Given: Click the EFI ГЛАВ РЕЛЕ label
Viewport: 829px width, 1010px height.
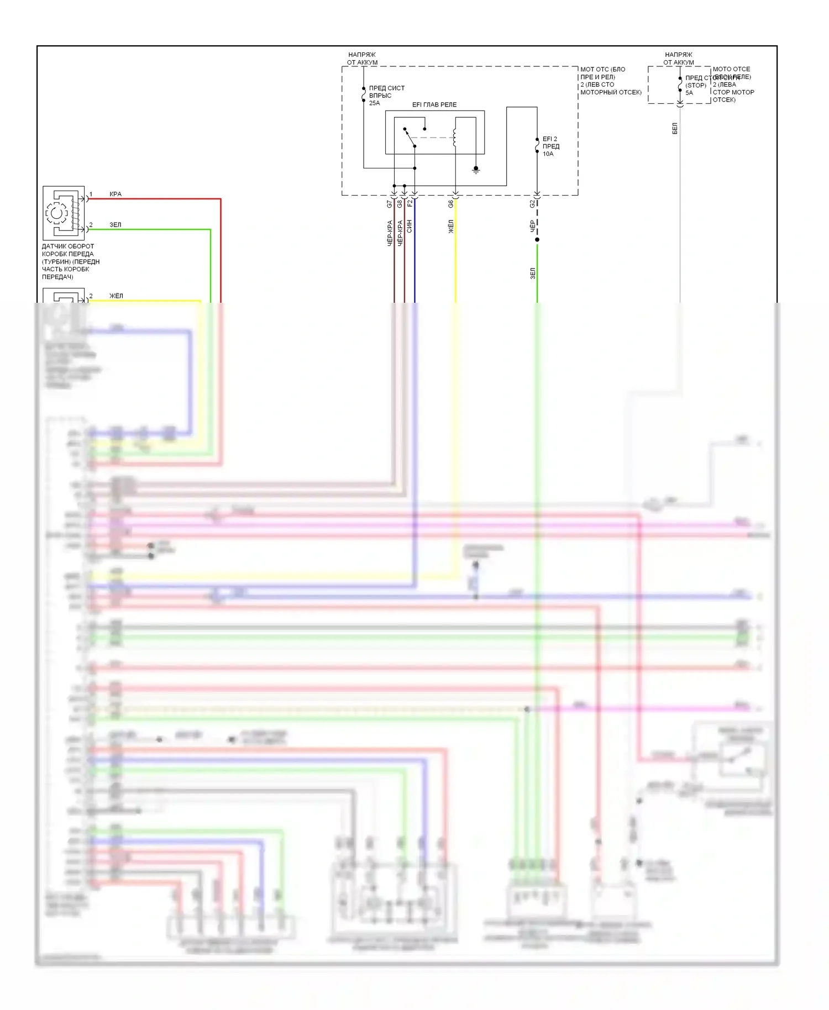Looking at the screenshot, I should tap(434, 104).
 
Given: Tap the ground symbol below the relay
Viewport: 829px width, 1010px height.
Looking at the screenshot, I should tap(476, 170).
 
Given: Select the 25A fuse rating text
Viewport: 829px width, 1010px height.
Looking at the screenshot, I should tap(374, 103).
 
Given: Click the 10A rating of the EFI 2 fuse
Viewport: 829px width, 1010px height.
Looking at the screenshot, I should tap(548, 154).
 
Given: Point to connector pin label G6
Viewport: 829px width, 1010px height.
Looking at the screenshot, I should tap(450, 204).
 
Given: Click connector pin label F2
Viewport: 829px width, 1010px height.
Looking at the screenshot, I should tap(410, 203).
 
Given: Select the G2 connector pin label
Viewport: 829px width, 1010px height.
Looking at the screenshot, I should tap(532, 204).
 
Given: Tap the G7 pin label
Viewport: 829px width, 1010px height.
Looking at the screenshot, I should tap(390, 204).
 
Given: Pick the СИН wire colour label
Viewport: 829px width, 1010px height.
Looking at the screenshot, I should tap(410, 226).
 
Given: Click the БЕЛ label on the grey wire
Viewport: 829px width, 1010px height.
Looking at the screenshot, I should tap(675, 129).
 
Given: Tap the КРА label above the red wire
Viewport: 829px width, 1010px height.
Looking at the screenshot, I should tap(116, 194).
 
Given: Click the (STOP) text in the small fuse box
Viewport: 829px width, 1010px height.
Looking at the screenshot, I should tap(696, 86).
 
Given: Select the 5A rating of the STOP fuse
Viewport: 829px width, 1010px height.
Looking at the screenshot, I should tap(689, 93).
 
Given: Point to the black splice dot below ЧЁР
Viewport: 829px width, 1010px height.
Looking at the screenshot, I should tap(537, 239).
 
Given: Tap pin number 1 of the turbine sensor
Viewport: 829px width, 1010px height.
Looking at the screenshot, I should tap(91, 194).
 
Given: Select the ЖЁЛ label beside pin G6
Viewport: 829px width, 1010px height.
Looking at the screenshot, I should tap(450, 226).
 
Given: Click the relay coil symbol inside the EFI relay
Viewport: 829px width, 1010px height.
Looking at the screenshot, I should tap(454, 138).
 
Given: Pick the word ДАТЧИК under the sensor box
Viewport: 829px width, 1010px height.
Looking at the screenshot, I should tap(54, 246).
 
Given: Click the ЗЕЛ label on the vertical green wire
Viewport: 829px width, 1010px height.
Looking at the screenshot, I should tap(533, 273).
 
